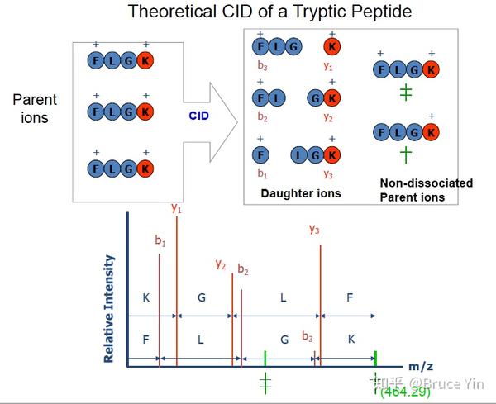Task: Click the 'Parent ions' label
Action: (x=35, y=108)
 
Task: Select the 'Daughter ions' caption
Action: (x=300, y=193)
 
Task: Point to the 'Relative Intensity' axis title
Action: (x=109, y=308)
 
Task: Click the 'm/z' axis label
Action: (x=421, y=365)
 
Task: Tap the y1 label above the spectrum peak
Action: (x=176, y=209)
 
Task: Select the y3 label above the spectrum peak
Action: (x=314, y=229)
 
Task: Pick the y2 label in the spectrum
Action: (x=221, y=264)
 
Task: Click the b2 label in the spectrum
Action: (x=243, y=269)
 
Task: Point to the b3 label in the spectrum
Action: (x=308, y=336)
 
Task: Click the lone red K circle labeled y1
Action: (x=331, y=46)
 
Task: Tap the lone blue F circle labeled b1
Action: (x=261, y=154)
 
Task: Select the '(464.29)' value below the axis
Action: (x=405, y=392)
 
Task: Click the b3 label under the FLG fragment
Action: (x=261, y=65)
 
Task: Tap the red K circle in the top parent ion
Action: (x=145, y=60)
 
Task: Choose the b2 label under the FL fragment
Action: (x=261, y=117)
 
